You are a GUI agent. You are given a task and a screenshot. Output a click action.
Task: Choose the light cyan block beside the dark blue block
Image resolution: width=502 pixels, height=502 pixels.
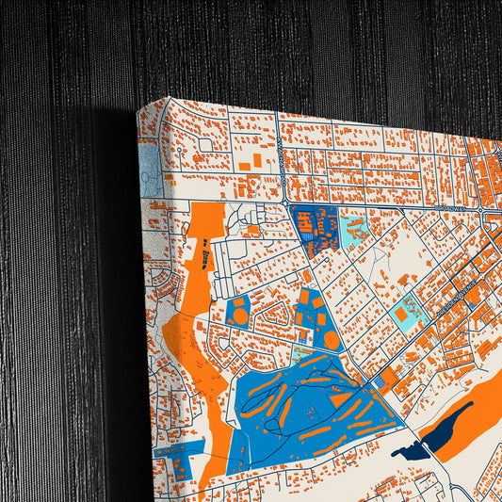(x=354, y=227)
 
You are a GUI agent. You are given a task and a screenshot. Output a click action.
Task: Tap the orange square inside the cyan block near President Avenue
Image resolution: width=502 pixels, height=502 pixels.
(x=403, y=312)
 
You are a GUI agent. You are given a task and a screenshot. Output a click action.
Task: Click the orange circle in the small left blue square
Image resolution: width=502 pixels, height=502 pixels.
(x=240, y=316)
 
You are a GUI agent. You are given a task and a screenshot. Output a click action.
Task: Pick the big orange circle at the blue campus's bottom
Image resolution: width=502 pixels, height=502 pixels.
(x=332, y=339)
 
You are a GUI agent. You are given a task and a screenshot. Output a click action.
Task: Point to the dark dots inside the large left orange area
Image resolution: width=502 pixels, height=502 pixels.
(x=205, y=256)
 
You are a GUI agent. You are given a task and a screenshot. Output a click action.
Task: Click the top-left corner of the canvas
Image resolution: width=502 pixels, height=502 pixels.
(x=138, y=112)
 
